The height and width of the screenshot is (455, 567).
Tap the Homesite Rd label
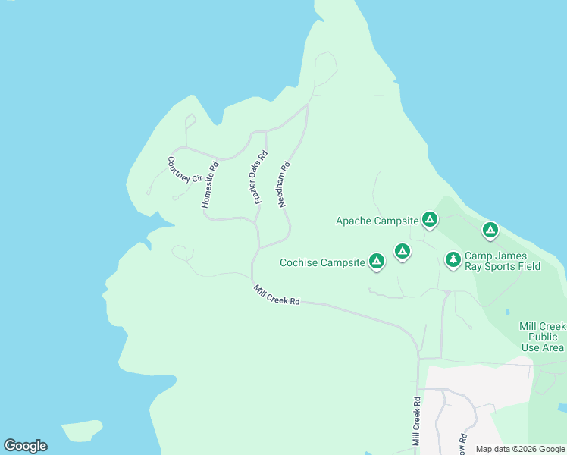(x=210, y=185)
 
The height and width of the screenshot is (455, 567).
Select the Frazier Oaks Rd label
(x=260, y=178)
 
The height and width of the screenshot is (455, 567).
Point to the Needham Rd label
(x=284, y=184)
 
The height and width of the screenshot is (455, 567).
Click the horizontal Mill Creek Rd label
(x=277, y=297)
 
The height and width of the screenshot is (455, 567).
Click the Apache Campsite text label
(x=377, y=221)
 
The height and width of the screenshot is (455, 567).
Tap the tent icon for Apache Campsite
(x=430, y=220)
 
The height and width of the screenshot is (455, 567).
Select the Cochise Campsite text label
(x=322, y=263)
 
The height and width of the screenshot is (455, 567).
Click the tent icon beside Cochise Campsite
(x=377, y=262)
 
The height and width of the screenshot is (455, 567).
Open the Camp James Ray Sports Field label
(x=502, y=262)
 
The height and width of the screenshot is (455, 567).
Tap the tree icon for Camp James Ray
(x=453, y=259)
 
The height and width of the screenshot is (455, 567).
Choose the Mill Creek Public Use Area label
(x=542, y=337)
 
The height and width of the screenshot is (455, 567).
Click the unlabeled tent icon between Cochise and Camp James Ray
(x=403, y=250)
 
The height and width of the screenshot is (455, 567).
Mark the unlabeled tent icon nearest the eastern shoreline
(x=490, y=229)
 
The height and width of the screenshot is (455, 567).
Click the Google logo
(x=25, y=446)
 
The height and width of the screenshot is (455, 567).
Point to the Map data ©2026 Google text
(x=520, y=449)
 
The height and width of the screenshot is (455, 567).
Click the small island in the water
(x=82, y=431)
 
